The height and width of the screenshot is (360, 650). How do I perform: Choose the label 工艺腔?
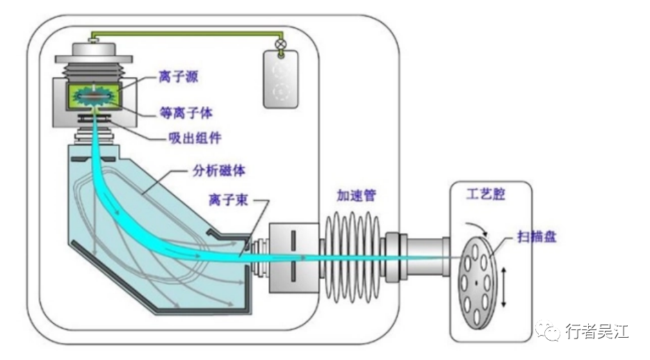tap(486, 194)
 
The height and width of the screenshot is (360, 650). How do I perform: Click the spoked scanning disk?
tap(478, 281)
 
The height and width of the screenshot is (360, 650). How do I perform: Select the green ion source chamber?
tap(91, 97)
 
